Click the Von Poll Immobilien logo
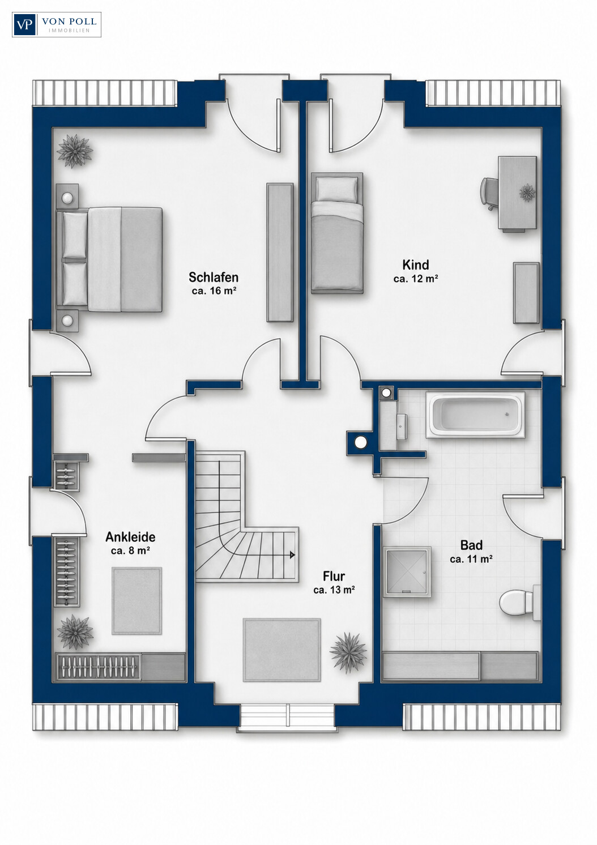(57, 24)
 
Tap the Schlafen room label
(214, 278)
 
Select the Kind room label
(416, 265)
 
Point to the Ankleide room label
(130, 537)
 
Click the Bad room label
(471, 545)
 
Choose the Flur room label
(334, 577)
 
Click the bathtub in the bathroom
(475, 415)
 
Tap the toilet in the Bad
(519, 603)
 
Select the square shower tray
(407, 572)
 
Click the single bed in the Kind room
(337, 233)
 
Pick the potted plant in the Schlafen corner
(75, 151)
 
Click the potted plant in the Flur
(348, 652)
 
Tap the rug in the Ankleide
(137, 600)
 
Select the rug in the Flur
(282, 650)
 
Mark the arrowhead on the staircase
(292, 555)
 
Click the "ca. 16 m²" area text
(214, 291)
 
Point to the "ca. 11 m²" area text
(471, 558)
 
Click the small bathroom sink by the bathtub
(402, 426)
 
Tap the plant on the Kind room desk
(527, 193)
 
